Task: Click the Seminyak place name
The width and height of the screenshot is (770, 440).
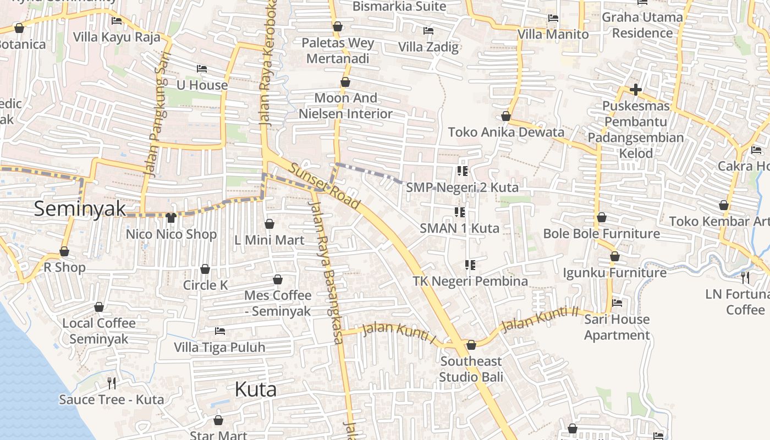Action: click(x=80, y=209)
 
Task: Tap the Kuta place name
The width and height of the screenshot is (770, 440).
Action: click(x=255, y=389)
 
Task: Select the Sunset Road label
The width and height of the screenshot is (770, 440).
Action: click(x=324, y=187)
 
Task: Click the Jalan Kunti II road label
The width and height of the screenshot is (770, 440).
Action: click(x=540, y=319)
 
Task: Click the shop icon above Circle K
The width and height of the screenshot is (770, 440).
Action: click(x=205, y=269)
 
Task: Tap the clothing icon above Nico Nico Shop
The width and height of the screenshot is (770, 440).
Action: click(x=170, y=218)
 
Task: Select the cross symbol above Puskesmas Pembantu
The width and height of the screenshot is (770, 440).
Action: click(x=636, y=89)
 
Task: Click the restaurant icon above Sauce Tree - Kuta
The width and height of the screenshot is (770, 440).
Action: click(x=112, y=383)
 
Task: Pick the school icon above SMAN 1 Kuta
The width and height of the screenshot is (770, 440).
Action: click(x=460, y=212)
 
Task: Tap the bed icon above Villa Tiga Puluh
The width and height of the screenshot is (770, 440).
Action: click(x=220, y=331)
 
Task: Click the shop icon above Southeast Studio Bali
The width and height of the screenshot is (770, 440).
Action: click(x=471, y=345)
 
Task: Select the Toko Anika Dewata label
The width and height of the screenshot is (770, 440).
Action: click(x=506, y=132)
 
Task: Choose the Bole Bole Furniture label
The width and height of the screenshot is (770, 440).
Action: click(x=601, y=233)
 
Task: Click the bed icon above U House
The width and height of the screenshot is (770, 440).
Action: click(x=202, y=69)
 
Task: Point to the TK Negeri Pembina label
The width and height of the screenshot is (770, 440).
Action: click(x=470, y=281)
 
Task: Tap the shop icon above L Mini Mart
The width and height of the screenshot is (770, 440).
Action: click(x=269, y=224)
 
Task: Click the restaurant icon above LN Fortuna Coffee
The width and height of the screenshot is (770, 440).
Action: click(x=745, y=278)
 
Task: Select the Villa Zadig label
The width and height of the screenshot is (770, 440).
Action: click(x=428, y=47)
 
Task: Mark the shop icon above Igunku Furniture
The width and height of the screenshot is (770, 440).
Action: click(x=615, y=256)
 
